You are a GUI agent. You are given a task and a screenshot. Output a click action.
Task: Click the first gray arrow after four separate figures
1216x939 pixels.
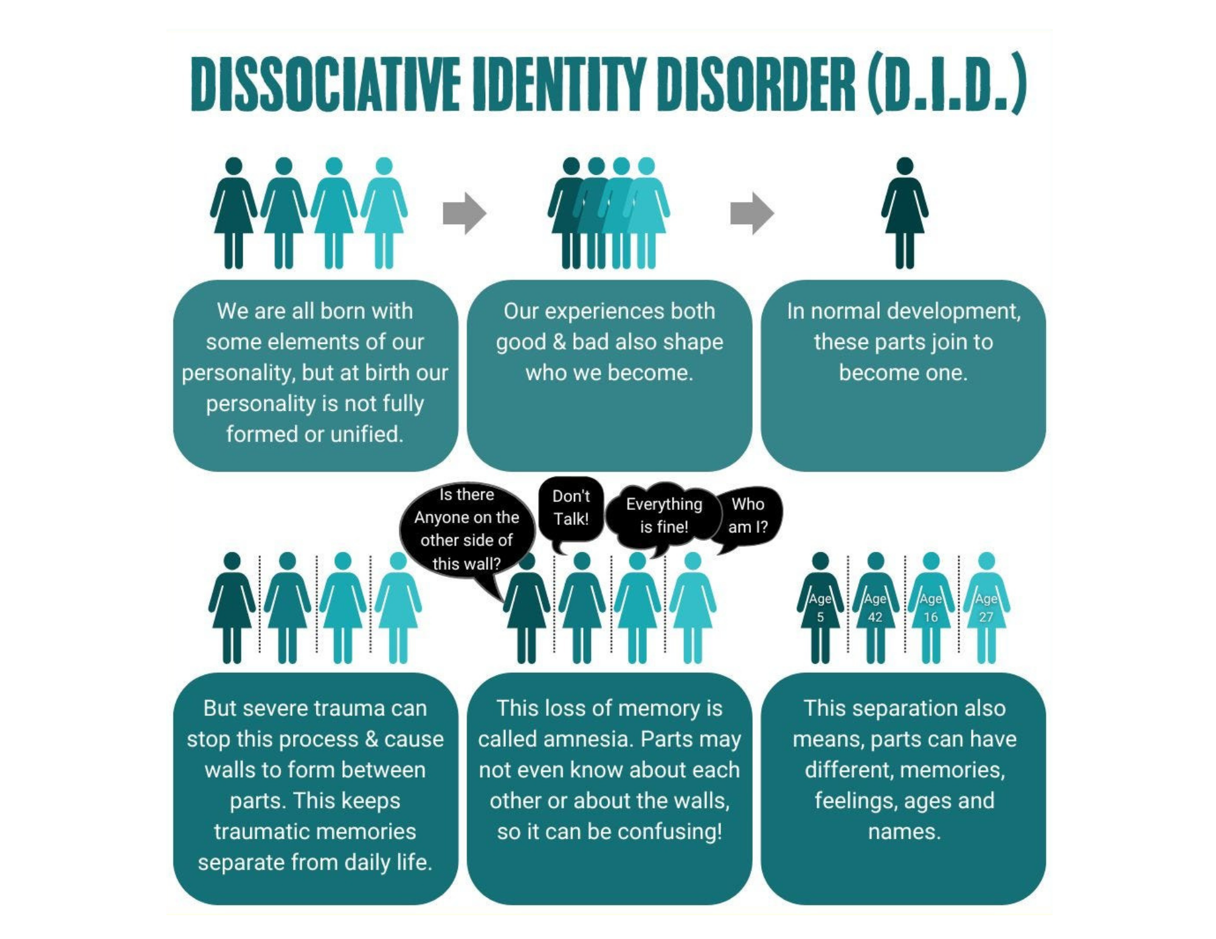[465, 213]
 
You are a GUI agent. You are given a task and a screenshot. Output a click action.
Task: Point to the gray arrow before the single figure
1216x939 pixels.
[752, 213]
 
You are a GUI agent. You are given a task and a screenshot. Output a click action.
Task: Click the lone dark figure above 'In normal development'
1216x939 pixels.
[905, 213]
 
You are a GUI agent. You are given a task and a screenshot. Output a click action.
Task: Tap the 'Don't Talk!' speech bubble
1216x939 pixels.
[571, 508]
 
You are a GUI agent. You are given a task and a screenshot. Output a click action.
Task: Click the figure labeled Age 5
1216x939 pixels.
[820, 608]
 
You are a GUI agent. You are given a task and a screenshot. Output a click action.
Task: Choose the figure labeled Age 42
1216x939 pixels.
[876, 608]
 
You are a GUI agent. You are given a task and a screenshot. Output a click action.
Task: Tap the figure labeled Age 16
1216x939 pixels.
[931, 608]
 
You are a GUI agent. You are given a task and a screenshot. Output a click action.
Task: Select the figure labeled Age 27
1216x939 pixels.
[986, 608]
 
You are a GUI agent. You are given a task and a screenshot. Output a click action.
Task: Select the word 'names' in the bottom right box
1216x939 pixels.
[904, 831]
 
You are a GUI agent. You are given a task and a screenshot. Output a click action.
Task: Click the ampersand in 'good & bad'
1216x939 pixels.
[559, 342]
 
